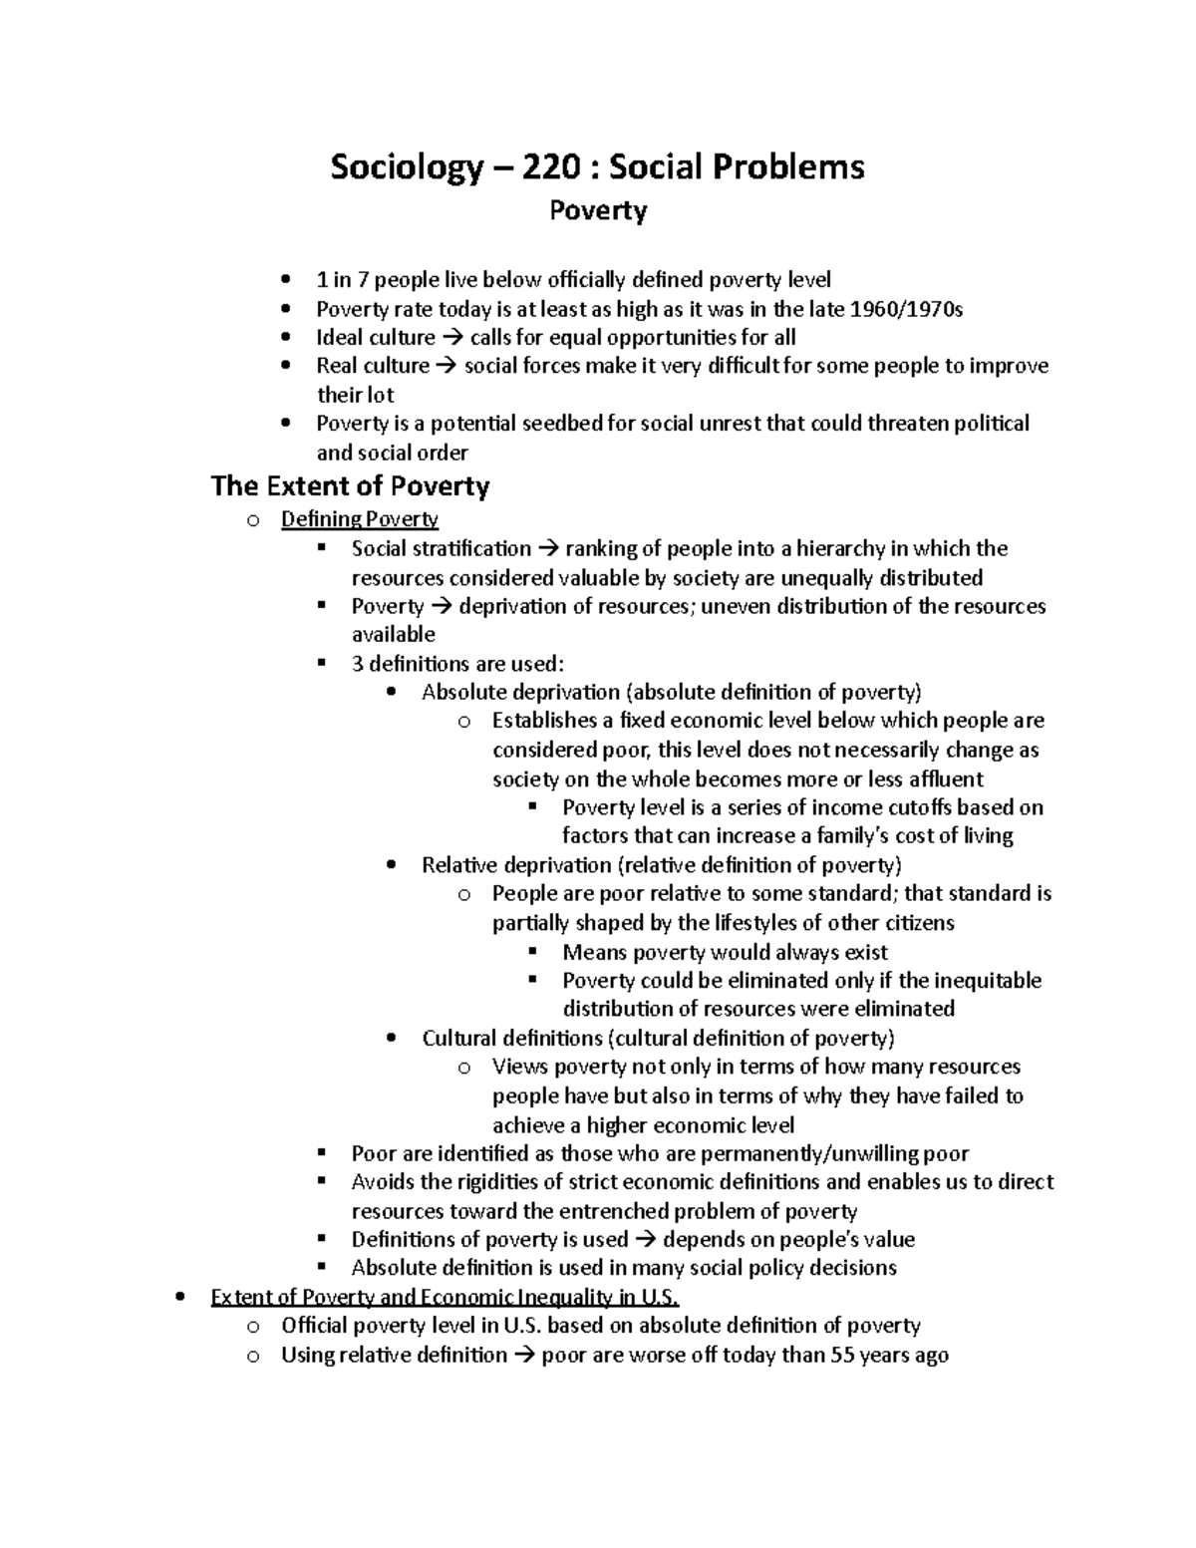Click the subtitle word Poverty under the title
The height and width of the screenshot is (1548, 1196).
(598, 210)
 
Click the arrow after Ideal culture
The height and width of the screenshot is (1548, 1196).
(453, 338)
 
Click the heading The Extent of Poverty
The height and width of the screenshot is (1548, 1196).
(350, 486)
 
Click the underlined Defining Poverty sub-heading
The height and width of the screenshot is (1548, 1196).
(360, 519)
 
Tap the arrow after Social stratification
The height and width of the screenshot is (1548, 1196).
(549, 549)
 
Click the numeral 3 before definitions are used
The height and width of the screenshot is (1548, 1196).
(358, 664)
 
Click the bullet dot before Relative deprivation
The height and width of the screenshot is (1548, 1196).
(392, 865)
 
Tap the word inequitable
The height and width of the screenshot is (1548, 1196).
(989, 981)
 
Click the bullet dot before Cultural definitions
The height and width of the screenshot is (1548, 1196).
(392, 1039)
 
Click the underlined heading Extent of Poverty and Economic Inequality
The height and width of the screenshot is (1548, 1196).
(445, 1298)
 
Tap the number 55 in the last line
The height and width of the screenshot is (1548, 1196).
(842, 1356)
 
